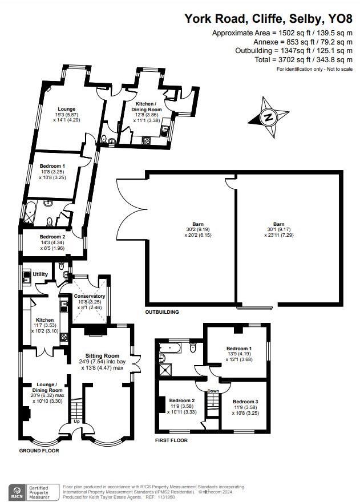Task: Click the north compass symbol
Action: click(267, 118)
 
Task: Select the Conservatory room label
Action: click(90, 296)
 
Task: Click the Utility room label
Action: click(40, 274)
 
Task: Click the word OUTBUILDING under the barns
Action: click(161, 312)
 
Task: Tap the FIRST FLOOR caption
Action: click(171, 440)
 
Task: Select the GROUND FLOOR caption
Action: click(39, 450)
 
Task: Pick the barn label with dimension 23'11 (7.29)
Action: click(278, 224)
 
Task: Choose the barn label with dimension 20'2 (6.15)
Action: click(198, 224)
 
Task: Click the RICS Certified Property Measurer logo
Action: click(34, 491)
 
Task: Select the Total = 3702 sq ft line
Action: click(312, 60)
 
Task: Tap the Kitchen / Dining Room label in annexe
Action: click(148, 106)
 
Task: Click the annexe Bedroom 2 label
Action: click(52, 236)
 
